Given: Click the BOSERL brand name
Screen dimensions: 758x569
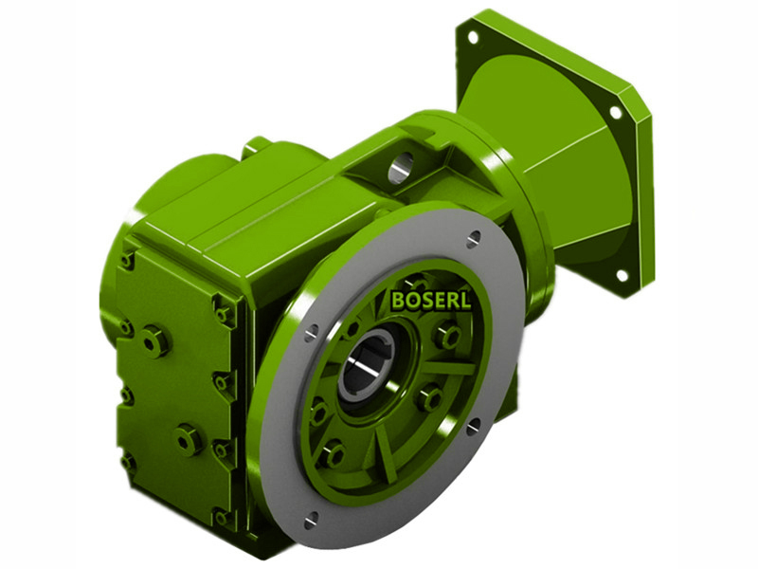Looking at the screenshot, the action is click(431, 301).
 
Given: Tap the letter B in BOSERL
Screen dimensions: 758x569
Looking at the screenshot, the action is click(397, 301).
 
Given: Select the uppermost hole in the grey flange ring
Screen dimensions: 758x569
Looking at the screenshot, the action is click(474, 238).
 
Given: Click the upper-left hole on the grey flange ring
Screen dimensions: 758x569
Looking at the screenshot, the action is click(312, 333).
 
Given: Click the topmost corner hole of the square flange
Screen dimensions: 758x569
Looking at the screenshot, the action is click(472, 37).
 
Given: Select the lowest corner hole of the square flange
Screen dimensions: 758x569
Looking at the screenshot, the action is click(622, 276).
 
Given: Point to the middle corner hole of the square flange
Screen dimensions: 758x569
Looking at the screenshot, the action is click(615, 112).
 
